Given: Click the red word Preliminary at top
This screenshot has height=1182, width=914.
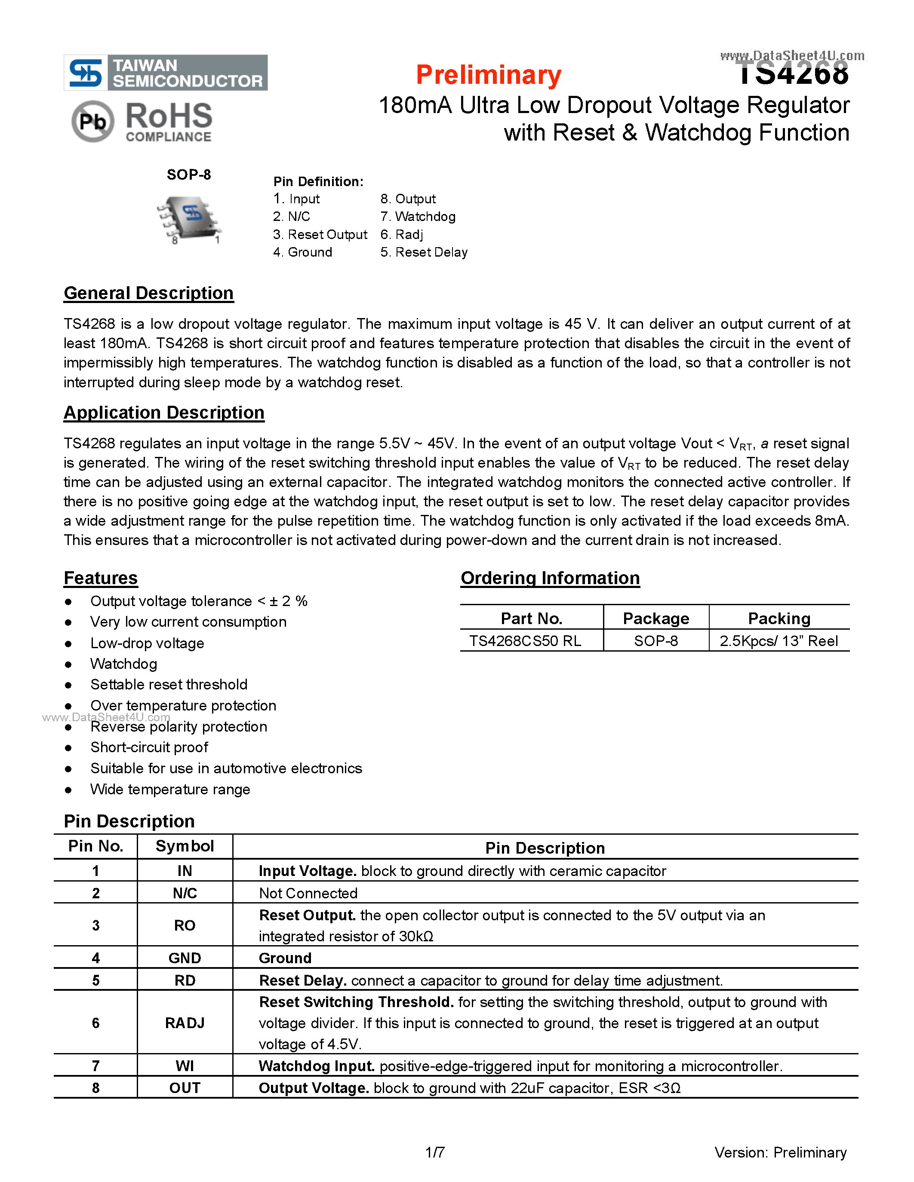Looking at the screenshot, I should point(489,75).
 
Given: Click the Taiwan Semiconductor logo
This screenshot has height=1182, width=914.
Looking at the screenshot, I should point(166,73).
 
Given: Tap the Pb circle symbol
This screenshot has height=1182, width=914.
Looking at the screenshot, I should point(92,121).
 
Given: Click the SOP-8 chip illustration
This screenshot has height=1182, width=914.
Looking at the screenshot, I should point(189,219).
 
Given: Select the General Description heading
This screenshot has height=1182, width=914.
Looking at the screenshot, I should point(148,293).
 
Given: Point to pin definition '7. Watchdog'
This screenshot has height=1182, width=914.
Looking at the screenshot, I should point(418,217).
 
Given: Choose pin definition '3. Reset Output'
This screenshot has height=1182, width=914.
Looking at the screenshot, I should point(320,234).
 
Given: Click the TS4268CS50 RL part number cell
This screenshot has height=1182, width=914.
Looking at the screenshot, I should point(525,641).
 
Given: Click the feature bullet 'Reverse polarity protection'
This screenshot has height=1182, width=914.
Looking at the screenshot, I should point(178,726).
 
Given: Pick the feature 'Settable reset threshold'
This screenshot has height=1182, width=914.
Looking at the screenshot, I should point(169,684).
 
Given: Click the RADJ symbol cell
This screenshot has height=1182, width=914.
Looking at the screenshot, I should point(185,1023).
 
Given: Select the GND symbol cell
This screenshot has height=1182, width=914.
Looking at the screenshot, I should point(185,958).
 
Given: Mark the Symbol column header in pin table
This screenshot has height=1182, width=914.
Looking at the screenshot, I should point(185,846).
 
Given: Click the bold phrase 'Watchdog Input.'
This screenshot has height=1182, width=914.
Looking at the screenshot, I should point(316,1066).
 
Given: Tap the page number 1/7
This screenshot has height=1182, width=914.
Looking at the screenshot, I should point(435,1152).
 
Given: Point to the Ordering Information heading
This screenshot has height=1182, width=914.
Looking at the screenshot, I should point(550,578).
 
